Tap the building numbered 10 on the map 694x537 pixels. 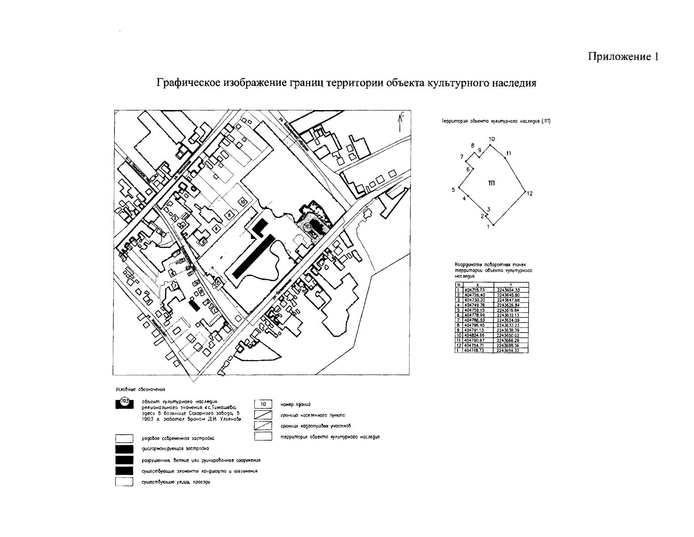[x=242, y=202]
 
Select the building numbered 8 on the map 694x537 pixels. [x=229, y=215]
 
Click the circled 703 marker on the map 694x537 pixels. [x=308, y=227]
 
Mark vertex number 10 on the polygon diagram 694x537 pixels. [x=491, y=144]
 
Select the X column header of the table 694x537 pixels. [x=478, y=286]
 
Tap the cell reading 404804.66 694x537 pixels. [x=478, y=334]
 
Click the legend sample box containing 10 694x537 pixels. [x=263, y=404]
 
